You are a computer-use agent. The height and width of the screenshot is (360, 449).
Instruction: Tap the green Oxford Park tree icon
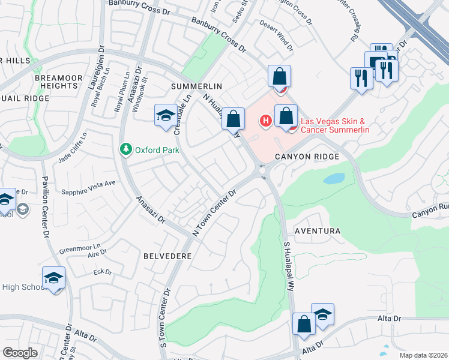(125, 149)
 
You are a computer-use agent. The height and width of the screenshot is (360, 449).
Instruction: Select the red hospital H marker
(264, 122)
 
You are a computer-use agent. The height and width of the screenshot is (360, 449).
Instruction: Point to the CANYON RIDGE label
(307, 157)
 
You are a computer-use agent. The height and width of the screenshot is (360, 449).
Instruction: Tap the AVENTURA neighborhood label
(318, 231)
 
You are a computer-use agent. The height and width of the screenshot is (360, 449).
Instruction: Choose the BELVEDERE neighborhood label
(167, 256)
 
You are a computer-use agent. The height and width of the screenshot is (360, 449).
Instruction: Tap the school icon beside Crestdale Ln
(165, 115)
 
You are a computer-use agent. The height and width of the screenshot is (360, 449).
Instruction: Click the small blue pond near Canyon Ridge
(334, 179)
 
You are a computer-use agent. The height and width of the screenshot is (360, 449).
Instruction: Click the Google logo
(20, 353)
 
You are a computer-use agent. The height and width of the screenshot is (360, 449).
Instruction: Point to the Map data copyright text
(423, 355)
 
